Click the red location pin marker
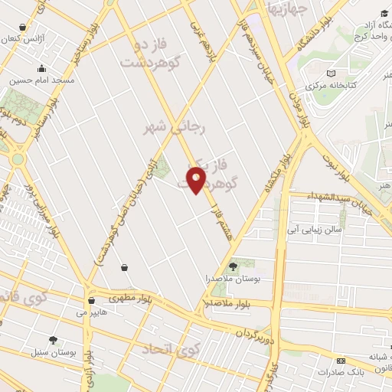(x=197, y=181)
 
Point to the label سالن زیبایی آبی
(x=313, y=229)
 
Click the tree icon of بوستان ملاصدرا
(x=233, y=266)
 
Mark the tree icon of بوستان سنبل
(x=53, y=340)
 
